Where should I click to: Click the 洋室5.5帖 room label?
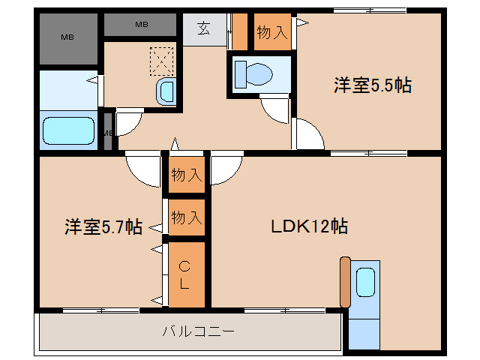pos(372,85)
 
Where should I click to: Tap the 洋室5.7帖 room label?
pos(103,226)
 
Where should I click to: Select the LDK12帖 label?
pos(309,226)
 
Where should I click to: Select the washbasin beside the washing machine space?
pos(166,92)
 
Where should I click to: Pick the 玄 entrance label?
pos(204,29)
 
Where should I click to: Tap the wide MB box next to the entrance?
pos(141,25)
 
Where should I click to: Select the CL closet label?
pos(184,274)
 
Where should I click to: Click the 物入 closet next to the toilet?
pos(271,31)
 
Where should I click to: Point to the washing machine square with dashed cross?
pos(161,60)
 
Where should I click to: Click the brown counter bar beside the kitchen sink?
pos(345,282)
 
